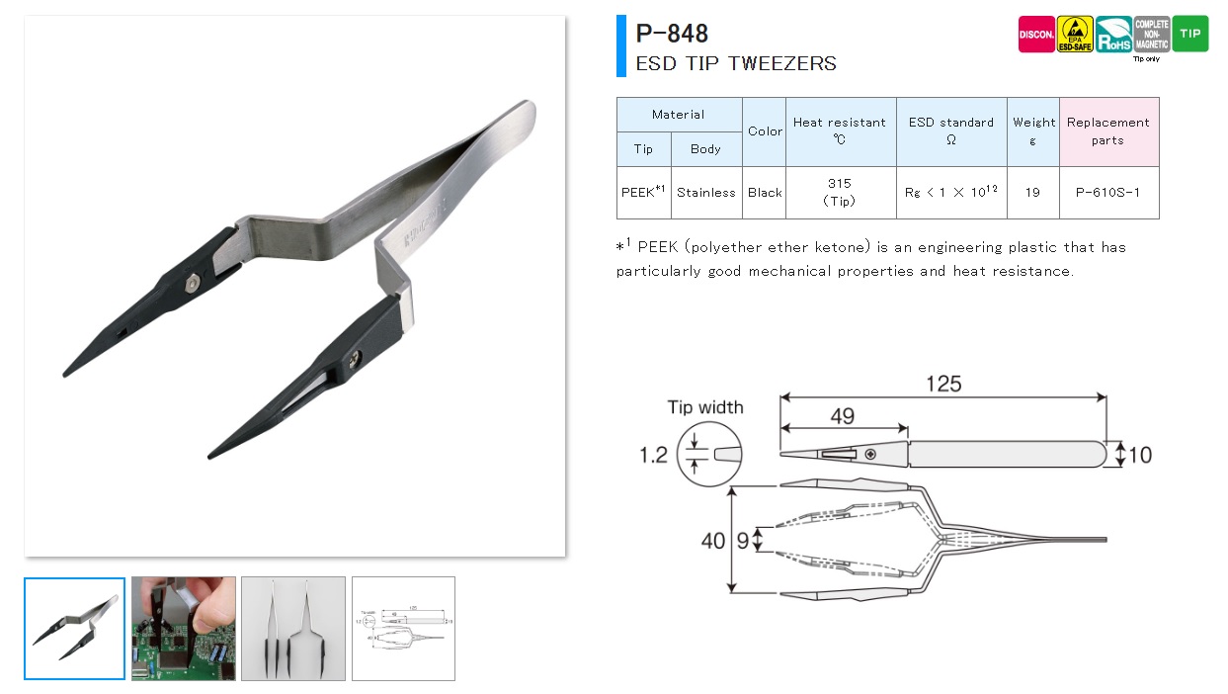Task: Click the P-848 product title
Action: (672, 34)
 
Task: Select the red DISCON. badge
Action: (1036, 35)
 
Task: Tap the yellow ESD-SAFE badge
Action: (1075, 35)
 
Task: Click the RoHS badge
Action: (1113, 35)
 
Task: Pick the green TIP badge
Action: (1190, 35)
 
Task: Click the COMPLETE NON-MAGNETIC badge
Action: (1152, 35)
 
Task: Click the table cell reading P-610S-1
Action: (1107, 192)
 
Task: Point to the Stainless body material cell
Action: (705, 192)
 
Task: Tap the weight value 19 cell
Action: (1032, 192)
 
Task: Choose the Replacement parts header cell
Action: (1107, 130)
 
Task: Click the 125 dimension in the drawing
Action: (943, 383)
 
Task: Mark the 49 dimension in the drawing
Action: (842, 416)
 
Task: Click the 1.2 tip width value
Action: (653, 455)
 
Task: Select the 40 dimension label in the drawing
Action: (712, 540)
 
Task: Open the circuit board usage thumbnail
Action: (184, 628)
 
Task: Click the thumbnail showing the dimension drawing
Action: (403, 628)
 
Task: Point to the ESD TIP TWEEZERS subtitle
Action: (735, 63)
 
